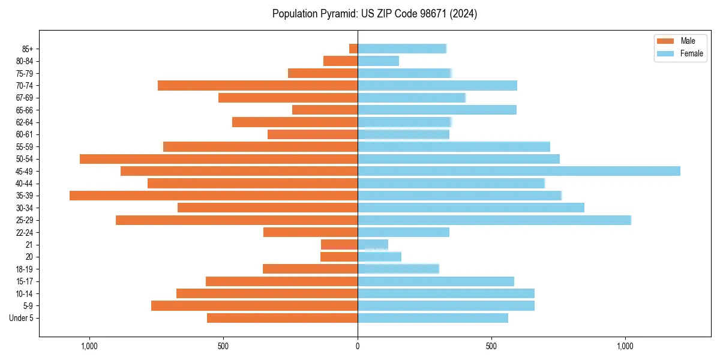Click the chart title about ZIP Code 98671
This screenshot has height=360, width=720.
pos(374,14)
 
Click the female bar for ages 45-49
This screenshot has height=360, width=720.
pos(519,171)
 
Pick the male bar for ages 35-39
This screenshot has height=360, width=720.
pos(214,196)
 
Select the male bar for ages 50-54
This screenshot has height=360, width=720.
pos(218,159)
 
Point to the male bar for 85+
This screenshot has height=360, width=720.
pos(353,49)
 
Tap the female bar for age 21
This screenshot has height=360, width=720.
pos(373,245)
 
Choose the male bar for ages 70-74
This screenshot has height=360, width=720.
pos(257,86)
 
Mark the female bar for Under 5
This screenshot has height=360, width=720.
pos(433,318)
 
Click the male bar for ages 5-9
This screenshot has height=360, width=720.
pos(254,306)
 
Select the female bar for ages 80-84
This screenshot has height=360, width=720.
pos(378,61)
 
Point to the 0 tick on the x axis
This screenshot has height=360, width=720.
pos(358,346)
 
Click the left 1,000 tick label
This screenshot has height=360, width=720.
pos(89,346)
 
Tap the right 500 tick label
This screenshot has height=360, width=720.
pos(491,346)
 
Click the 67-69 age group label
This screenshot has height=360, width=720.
pos(24,98)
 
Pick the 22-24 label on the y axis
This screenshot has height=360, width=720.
pos(24,233)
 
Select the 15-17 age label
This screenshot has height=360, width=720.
pos(24,281)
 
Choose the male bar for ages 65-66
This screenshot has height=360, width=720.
pos(325,110)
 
